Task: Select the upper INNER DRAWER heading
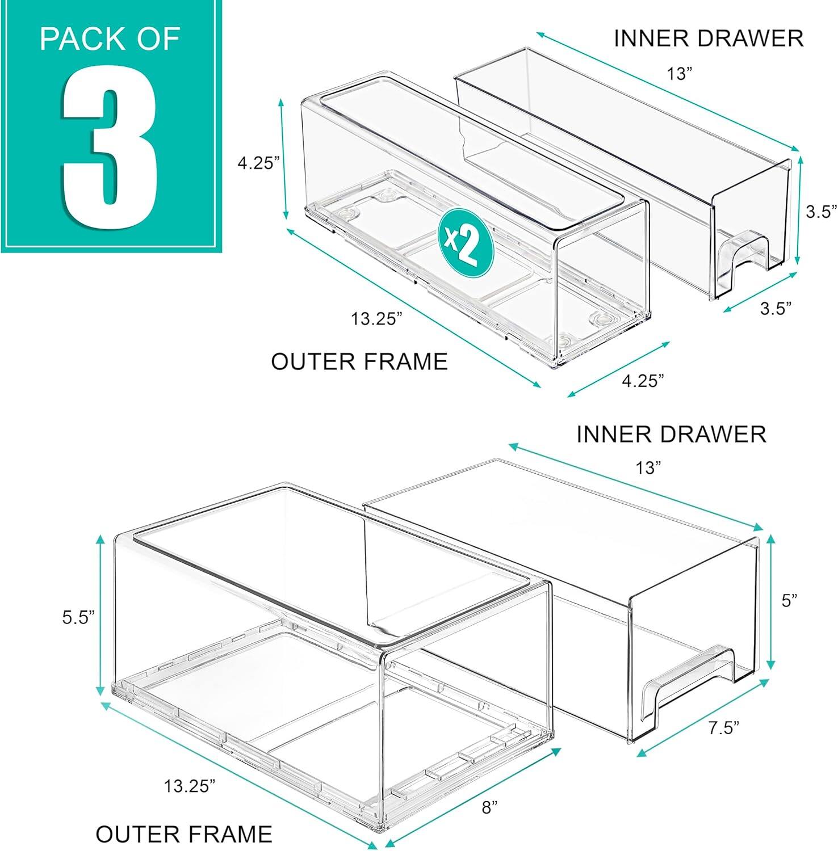[x=708, y=38]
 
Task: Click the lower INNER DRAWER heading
[x=671, y=434]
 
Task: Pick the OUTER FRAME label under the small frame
[x=359, y=361]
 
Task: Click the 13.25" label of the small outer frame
[x=376, y=319]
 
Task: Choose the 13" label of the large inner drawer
[x=649, y=468]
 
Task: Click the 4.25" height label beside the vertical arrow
[x=258, y=163]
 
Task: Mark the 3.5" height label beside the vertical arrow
[x=821, y=212]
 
